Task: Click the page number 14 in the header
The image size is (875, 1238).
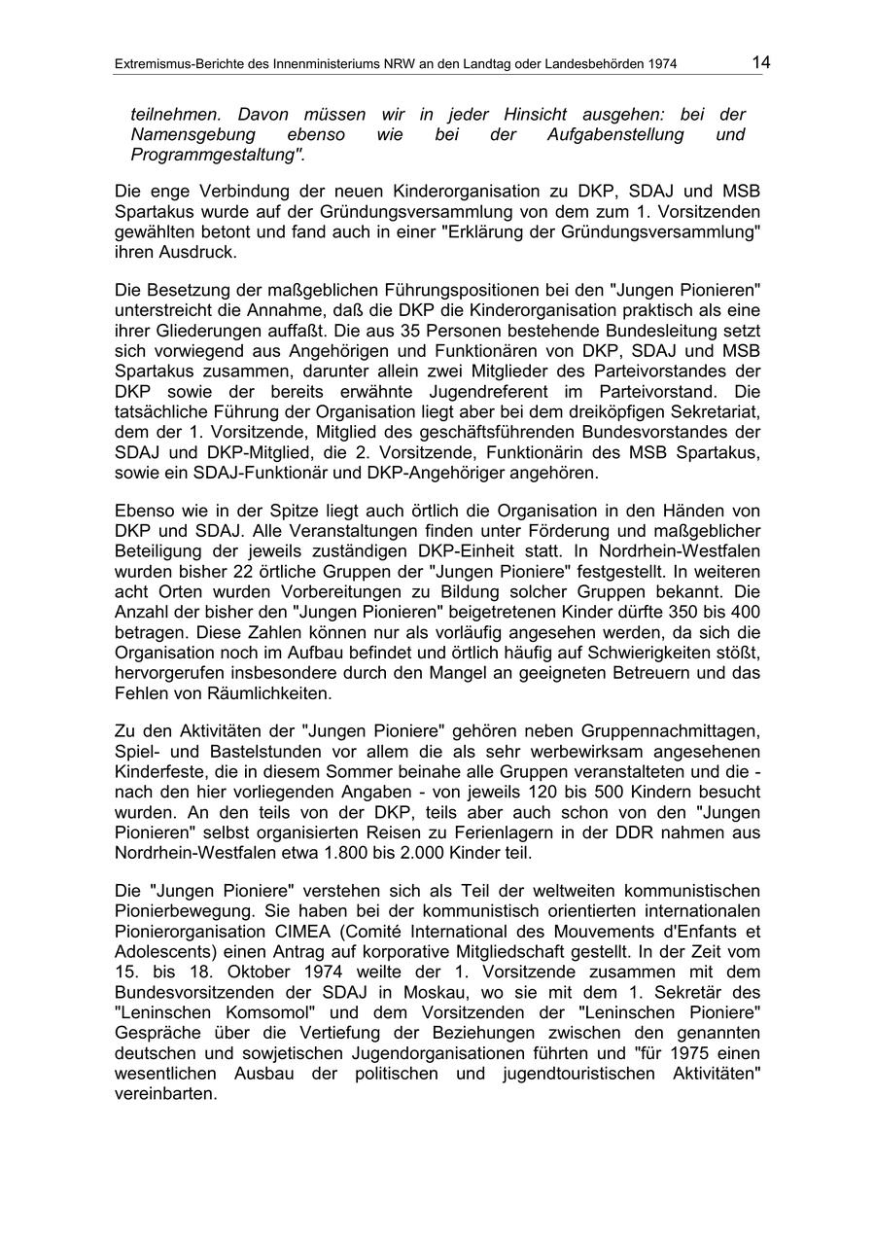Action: point(760,62)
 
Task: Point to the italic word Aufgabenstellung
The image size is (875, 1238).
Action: point(615,134)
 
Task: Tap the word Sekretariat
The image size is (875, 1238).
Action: point(699,410)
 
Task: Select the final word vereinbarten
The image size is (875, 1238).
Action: point(164,1092)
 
